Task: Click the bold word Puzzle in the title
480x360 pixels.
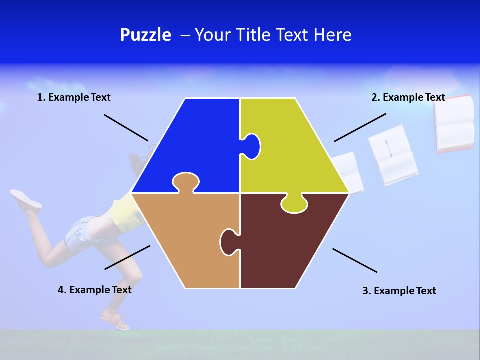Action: (145, 35)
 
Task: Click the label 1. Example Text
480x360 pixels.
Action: (74, 97)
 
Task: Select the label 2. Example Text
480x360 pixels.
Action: (408, 97)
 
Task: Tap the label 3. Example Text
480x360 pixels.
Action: (399, 291)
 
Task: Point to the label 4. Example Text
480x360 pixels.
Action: (95, 290)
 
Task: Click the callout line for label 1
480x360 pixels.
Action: (126, 127)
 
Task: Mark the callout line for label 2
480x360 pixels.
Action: (360, 127)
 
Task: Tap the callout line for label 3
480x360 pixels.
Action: (355, 260)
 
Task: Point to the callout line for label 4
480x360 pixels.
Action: (127, 257)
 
